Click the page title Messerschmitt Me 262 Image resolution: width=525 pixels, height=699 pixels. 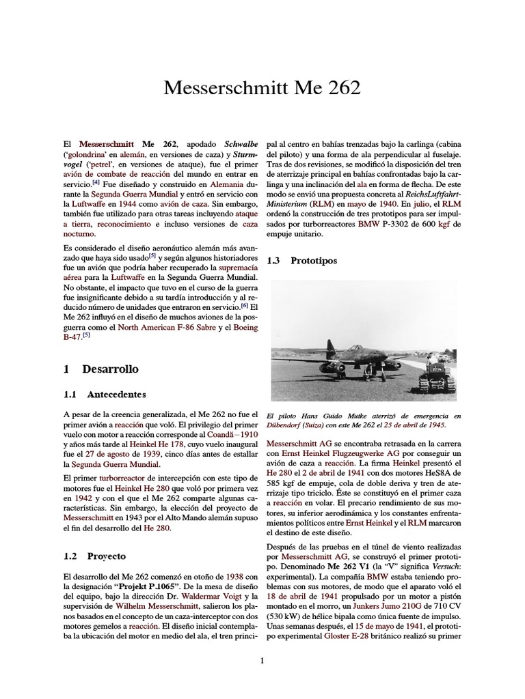[x=262, y=88]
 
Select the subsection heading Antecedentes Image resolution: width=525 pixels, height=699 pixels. [x=116, y=394]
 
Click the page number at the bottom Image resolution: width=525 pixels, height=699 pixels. [x=262, y=659]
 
